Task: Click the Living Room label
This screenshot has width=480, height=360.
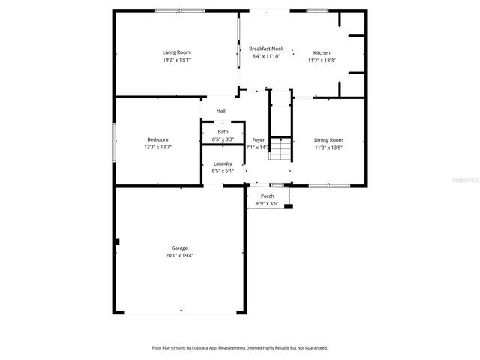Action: pyautogui.click(x=176, y=52)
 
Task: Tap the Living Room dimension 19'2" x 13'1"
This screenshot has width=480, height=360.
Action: pyautogui.click(x=176, y=60)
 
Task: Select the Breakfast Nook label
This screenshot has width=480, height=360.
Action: pyautogui.click(x=265, y=49)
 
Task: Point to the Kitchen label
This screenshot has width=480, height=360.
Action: pyautogui.click(x=322, y=53)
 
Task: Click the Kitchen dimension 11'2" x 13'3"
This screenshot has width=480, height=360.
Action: pyautogui.click(x=322, y=61)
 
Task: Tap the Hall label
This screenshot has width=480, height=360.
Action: pyautogui.click(x=221, y=111)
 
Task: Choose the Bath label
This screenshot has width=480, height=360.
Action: pyautogui.click(x=223, y=132)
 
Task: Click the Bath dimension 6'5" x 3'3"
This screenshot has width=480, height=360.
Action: pyautogui.click(x=223, y=139)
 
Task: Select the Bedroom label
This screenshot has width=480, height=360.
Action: pyautogui.click(x=157, y=139)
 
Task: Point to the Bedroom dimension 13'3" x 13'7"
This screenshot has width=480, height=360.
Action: pyautogui.click(x=157, y=147)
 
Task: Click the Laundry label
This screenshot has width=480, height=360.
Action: pyautogui.click(x=223, y=163)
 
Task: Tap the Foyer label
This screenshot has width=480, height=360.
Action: pyautogui.click(x=259, y=140)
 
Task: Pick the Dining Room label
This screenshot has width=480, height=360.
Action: pyautogui.click(x=328, y=140)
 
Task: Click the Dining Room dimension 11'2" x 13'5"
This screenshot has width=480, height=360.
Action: pyautogui.click(x=328, y=148)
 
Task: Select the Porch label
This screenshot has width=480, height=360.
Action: pyautogui.click(x=267, y=196)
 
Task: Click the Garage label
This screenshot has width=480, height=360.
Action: pyautogui.click(x=179, y=247)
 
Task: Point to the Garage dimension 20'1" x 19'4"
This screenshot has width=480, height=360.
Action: pyautogui.click(x=179, y=255)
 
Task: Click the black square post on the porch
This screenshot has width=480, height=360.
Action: pyautogui.click(x=289, y=206)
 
